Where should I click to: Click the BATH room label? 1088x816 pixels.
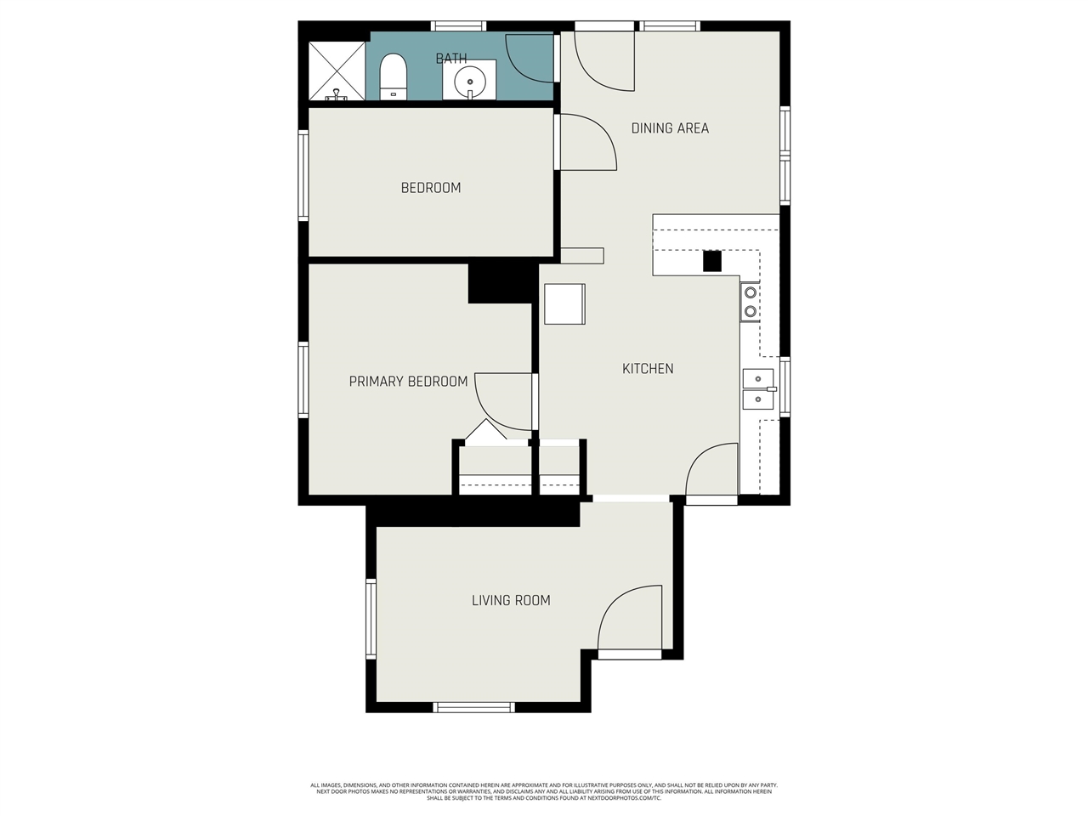451,59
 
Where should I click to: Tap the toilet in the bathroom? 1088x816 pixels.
393,76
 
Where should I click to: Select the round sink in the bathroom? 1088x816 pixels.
469,82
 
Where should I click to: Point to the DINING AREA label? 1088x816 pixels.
670,128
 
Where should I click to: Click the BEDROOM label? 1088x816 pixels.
431,188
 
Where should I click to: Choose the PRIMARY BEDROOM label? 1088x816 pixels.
408,382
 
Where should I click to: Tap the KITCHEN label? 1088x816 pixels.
648,369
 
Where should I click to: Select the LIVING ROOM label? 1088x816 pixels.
511,600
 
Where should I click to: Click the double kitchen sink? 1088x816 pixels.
758,389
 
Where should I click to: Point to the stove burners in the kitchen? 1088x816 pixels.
751,303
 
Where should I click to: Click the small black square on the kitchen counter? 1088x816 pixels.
711,261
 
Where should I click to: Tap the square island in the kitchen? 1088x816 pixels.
564,304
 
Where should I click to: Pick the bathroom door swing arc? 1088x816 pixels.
531,58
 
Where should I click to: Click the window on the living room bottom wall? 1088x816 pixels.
474,707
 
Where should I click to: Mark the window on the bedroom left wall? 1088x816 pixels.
303,175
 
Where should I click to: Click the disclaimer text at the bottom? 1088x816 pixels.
544,791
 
